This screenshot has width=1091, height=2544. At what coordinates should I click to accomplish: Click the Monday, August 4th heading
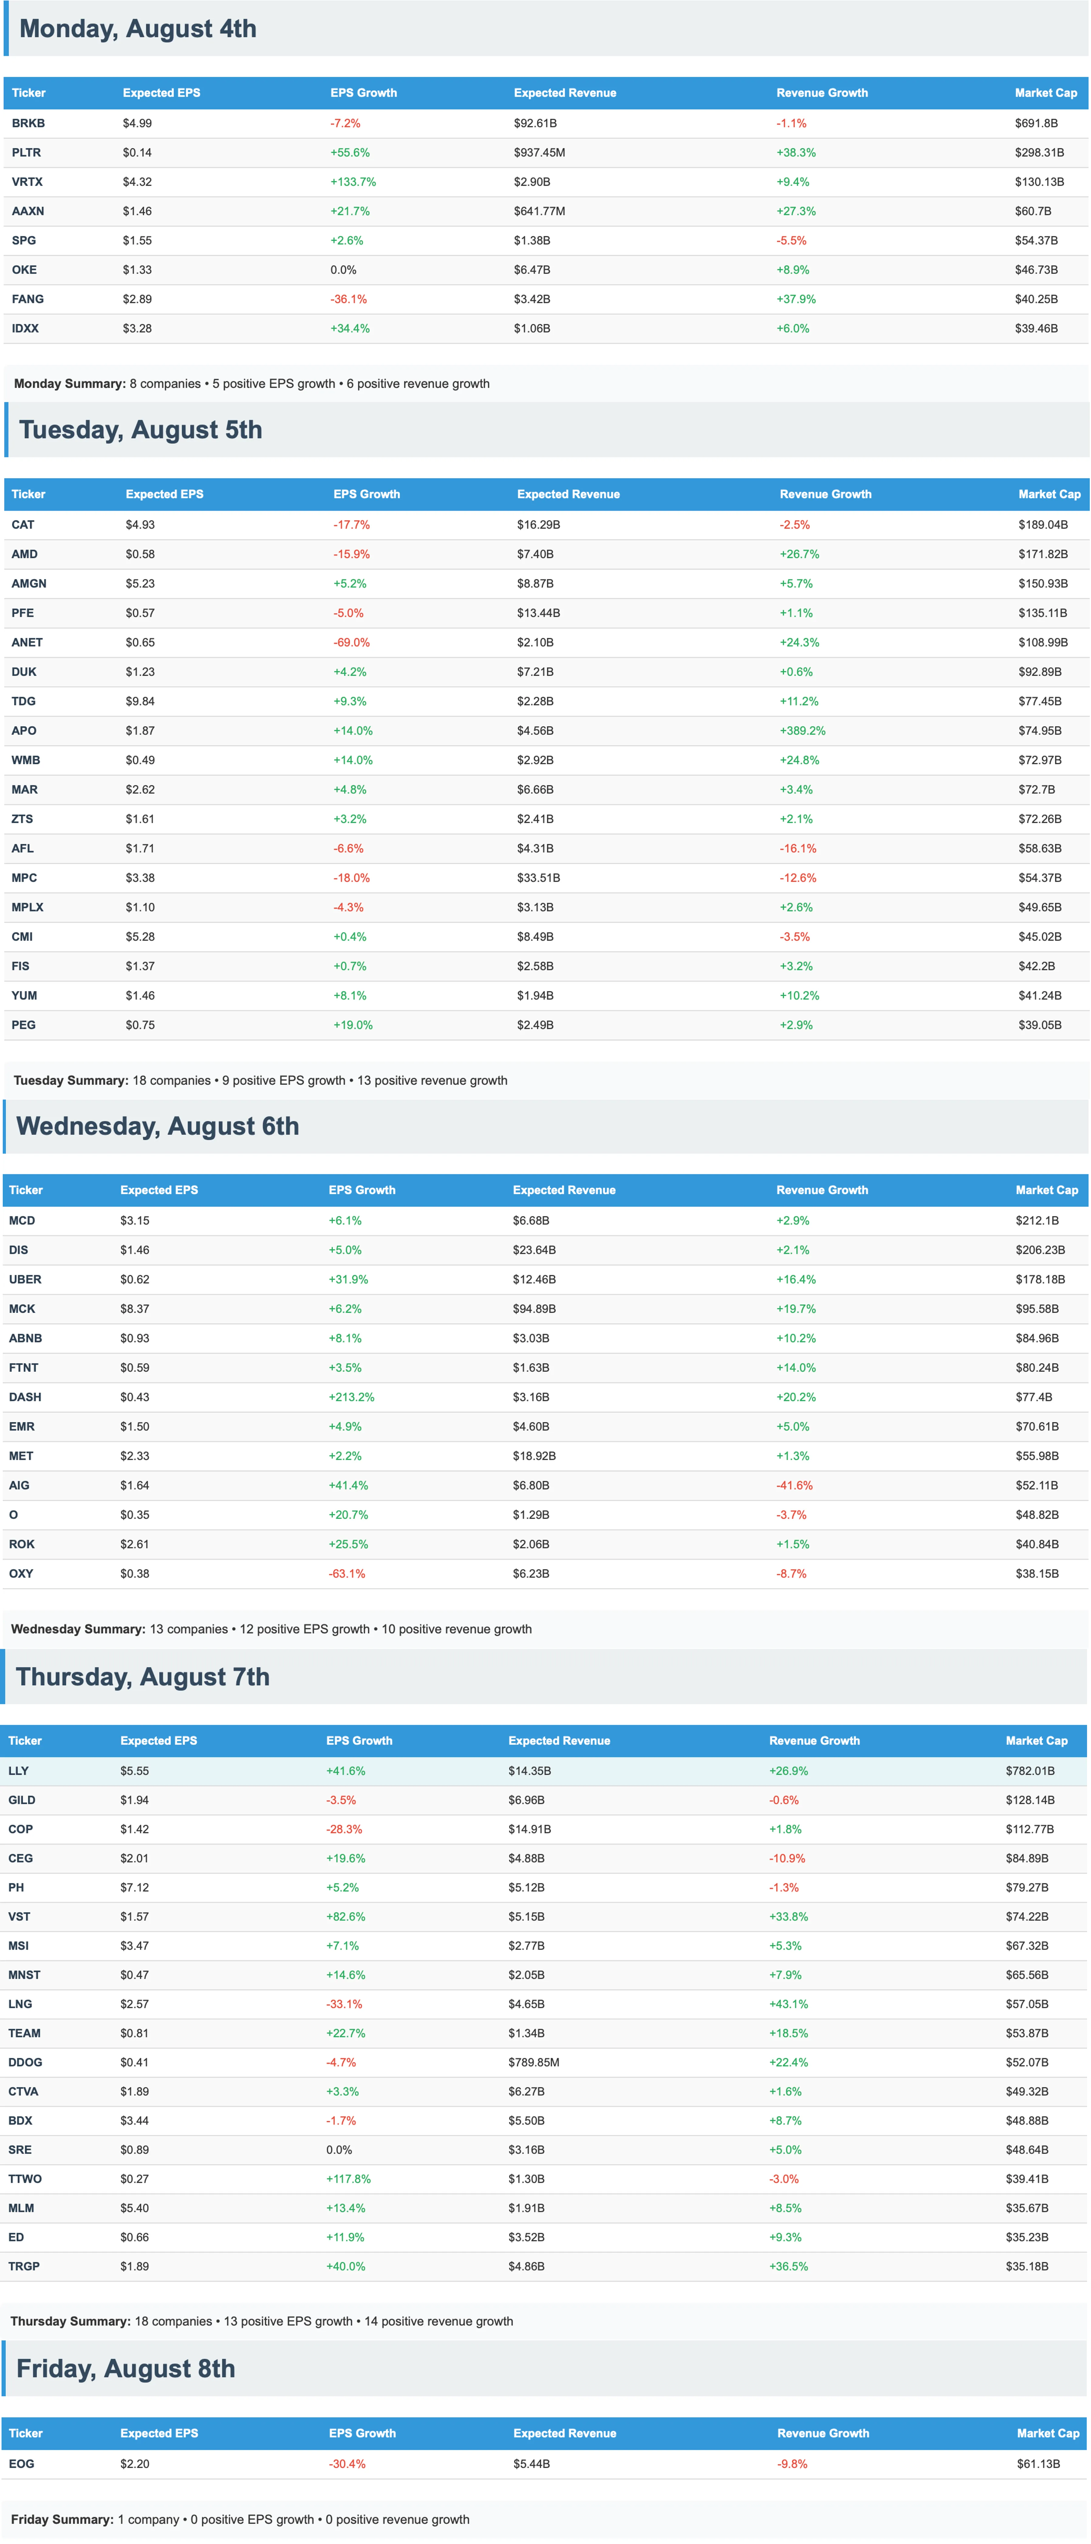point(138,29)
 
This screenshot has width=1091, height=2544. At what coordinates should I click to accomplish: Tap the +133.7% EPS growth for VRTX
point(353,182)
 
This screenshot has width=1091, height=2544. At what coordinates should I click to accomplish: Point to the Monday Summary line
point(252,383)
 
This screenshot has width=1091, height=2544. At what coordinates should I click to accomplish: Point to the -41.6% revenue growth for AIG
point(793,1485)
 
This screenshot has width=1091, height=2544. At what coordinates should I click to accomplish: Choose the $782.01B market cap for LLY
point(1030,1771)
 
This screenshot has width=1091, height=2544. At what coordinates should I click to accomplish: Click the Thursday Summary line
point(262,2321)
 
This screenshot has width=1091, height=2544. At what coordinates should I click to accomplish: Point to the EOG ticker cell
point(22,2464)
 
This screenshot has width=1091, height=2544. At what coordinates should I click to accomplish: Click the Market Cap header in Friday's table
point(1048,2433)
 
